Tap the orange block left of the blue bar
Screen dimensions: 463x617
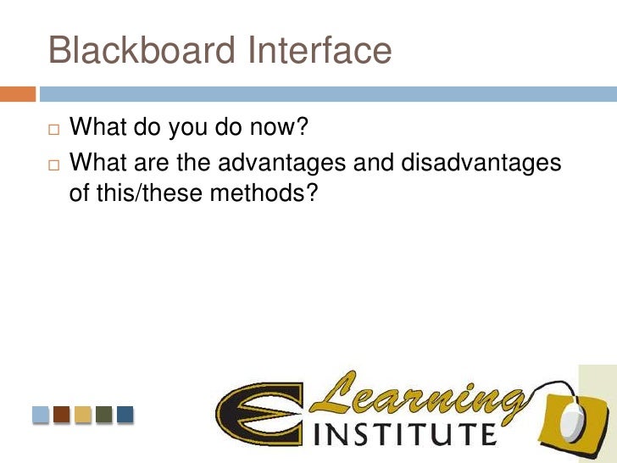pyautogui.click(x=18, y=94)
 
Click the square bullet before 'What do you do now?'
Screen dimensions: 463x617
pyautogui.click(x=55, y=131)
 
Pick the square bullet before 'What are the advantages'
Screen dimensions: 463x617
pyautogui.click(x=55, y=162)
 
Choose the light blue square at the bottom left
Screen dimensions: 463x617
pyautogui.click(x=42, y=415)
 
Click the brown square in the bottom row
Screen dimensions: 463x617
pyautogui.click(x=62, y=415)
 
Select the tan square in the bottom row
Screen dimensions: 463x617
pyautogui.click(x=83, y=415)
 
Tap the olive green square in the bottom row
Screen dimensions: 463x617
pyautogui.click(x=103, y=415)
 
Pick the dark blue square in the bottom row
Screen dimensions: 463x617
pyautogui.click(x=125, y=415)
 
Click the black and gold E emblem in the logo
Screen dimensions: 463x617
pyautogui.click(x=258, y=416)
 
